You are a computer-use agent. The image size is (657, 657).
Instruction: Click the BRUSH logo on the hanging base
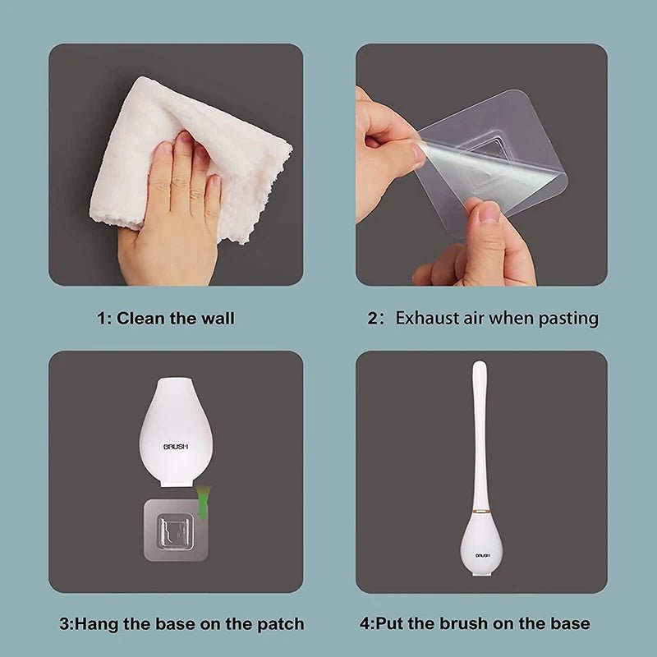pyautogui.click(x=176, y=446)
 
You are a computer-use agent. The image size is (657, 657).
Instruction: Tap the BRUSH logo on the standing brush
pyautogui.click(x=482, y=555)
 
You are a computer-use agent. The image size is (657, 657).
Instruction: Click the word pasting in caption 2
pyautogui.click(x=568, y=318)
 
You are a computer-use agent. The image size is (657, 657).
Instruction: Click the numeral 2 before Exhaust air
pyautogui.click(x=372, y=318)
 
